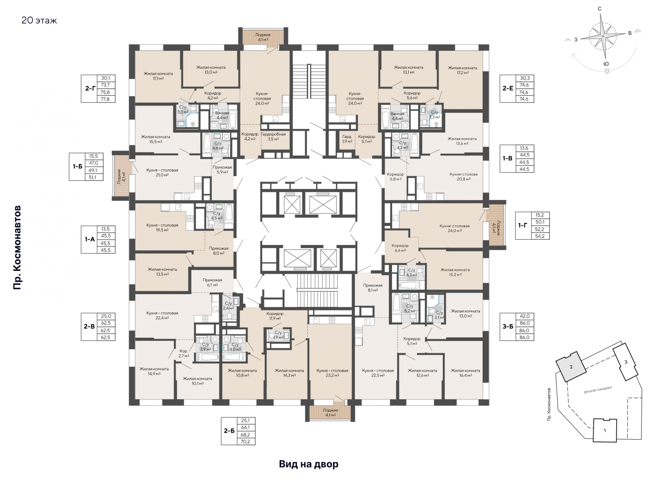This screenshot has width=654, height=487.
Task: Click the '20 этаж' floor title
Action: pos(39,20)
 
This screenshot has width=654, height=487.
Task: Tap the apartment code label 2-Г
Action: pos(90,88)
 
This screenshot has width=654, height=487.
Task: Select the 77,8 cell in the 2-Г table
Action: pos(105,99)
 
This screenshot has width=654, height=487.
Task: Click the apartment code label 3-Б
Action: pos(508,326)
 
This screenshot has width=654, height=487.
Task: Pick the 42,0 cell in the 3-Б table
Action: pos(525,316)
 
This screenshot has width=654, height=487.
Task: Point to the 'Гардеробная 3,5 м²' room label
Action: pos(273,136)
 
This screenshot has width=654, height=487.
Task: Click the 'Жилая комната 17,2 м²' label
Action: pos(463,70)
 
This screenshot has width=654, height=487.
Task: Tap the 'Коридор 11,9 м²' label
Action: pos(275,316)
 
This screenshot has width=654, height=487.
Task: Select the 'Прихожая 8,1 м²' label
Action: pos(373,288)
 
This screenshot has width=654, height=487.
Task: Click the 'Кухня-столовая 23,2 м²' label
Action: pos(332,373)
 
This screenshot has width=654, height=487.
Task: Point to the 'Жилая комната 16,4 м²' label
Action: pos(465,373)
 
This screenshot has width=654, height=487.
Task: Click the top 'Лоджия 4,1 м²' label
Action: pos(263,37)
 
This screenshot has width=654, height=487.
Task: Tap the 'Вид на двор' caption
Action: pos(309,464)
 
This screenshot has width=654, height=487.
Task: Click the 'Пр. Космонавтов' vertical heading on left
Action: pos(17,248)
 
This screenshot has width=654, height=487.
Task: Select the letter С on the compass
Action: pos(600,9)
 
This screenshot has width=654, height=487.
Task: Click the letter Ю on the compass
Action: pos(606,64)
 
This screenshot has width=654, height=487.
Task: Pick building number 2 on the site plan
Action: pos(571,367)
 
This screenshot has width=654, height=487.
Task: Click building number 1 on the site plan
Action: pos(605,430)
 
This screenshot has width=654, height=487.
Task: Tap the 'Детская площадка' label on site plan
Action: pos(598,390)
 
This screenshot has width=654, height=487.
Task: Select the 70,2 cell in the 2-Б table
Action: pos(245,442)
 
